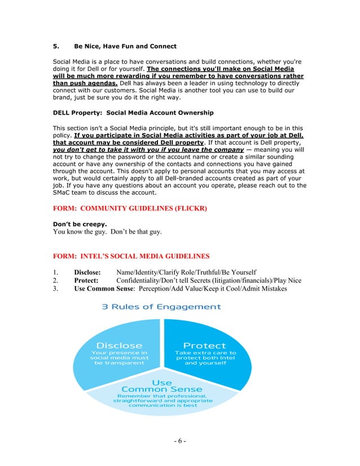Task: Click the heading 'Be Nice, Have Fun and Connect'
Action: click(125, 46)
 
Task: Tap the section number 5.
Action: click(55, 46)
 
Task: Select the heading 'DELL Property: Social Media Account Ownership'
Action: click(133, 113)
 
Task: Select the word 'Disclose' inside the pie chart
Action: click(120, 345)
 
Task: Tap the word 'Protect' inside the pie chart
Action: click(205, 345)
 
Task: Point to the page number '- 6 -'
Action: click(180, 441)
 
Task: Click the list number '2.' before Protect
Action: click(55, 280)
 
